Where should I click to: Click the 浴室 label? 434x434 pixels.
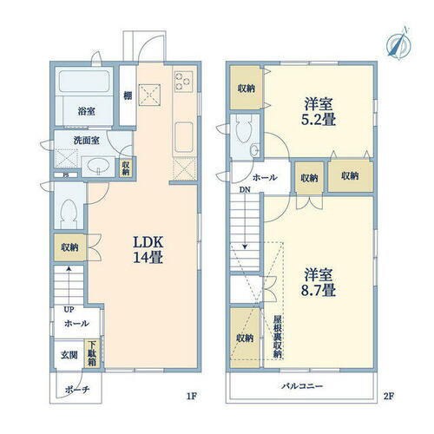pyautogui.click(x=86, y=111)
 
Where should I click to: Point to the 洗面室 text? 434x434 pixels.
pyautogui.click(x=85, y=140)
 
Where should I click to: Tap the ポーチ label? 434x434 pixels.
pyautogui.click(x=76, y=391)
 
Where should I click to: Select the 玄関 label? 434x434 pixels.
pyautogui.click(x=69, y=354)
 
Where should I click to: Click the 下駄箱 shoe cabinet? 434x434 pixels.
pyautogui.click(x=92, y=355)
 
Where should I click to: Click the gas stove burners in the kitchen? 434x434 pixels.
pyautogui.click(x=183, y=80)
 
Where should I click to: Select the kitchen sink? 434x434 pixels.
pyautogui.click(x=183, y=136)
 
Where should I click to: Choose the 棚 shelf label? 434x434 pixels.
pyautogui.click(x=127, y=96)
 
